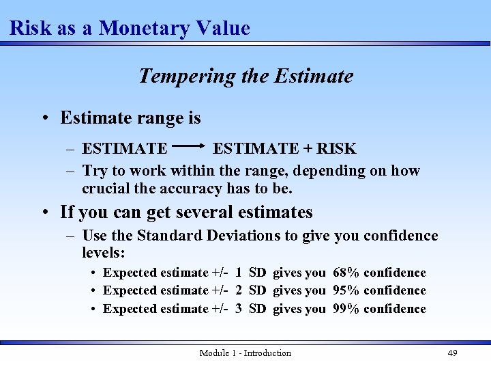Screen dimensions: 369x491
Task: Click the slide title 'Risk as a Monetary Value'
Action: (x=130, y=28)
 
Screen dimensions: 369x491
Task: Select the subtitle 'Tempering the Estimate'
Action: (x=245, y=76)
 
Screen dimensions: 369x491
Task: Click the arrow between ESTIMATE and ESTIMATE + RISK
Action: (x=190, y=146)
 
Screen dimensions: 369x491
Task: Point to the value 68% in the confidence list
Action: (x=346, y=273)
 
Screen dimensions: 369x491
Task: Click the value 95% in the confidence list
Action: (x=346, y=290)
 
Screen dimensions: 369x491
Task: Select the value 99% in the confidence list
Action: (x=346, y=309)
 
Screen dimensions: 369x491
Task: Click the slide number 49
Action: (x=452, y=353)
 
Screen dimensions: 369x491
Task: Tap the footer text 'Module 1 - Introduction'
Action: (x=245, y=353)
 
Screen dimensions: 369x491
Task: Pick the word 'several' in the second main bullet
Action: (x=202, y=213)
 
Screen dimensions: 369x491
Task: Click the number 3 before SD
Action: (x=239, y=309)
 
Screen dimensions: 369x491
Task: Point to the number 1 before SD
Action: (x=239, y=273)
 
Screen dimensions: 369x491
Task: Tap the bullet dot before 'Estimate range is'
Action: (x=43, y=119)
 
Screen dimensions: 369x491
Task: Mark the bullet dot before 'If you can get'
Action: (x=43, y=213)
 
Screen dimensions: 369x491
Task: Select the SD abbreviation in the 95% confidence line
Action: (x=257, y=290)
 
